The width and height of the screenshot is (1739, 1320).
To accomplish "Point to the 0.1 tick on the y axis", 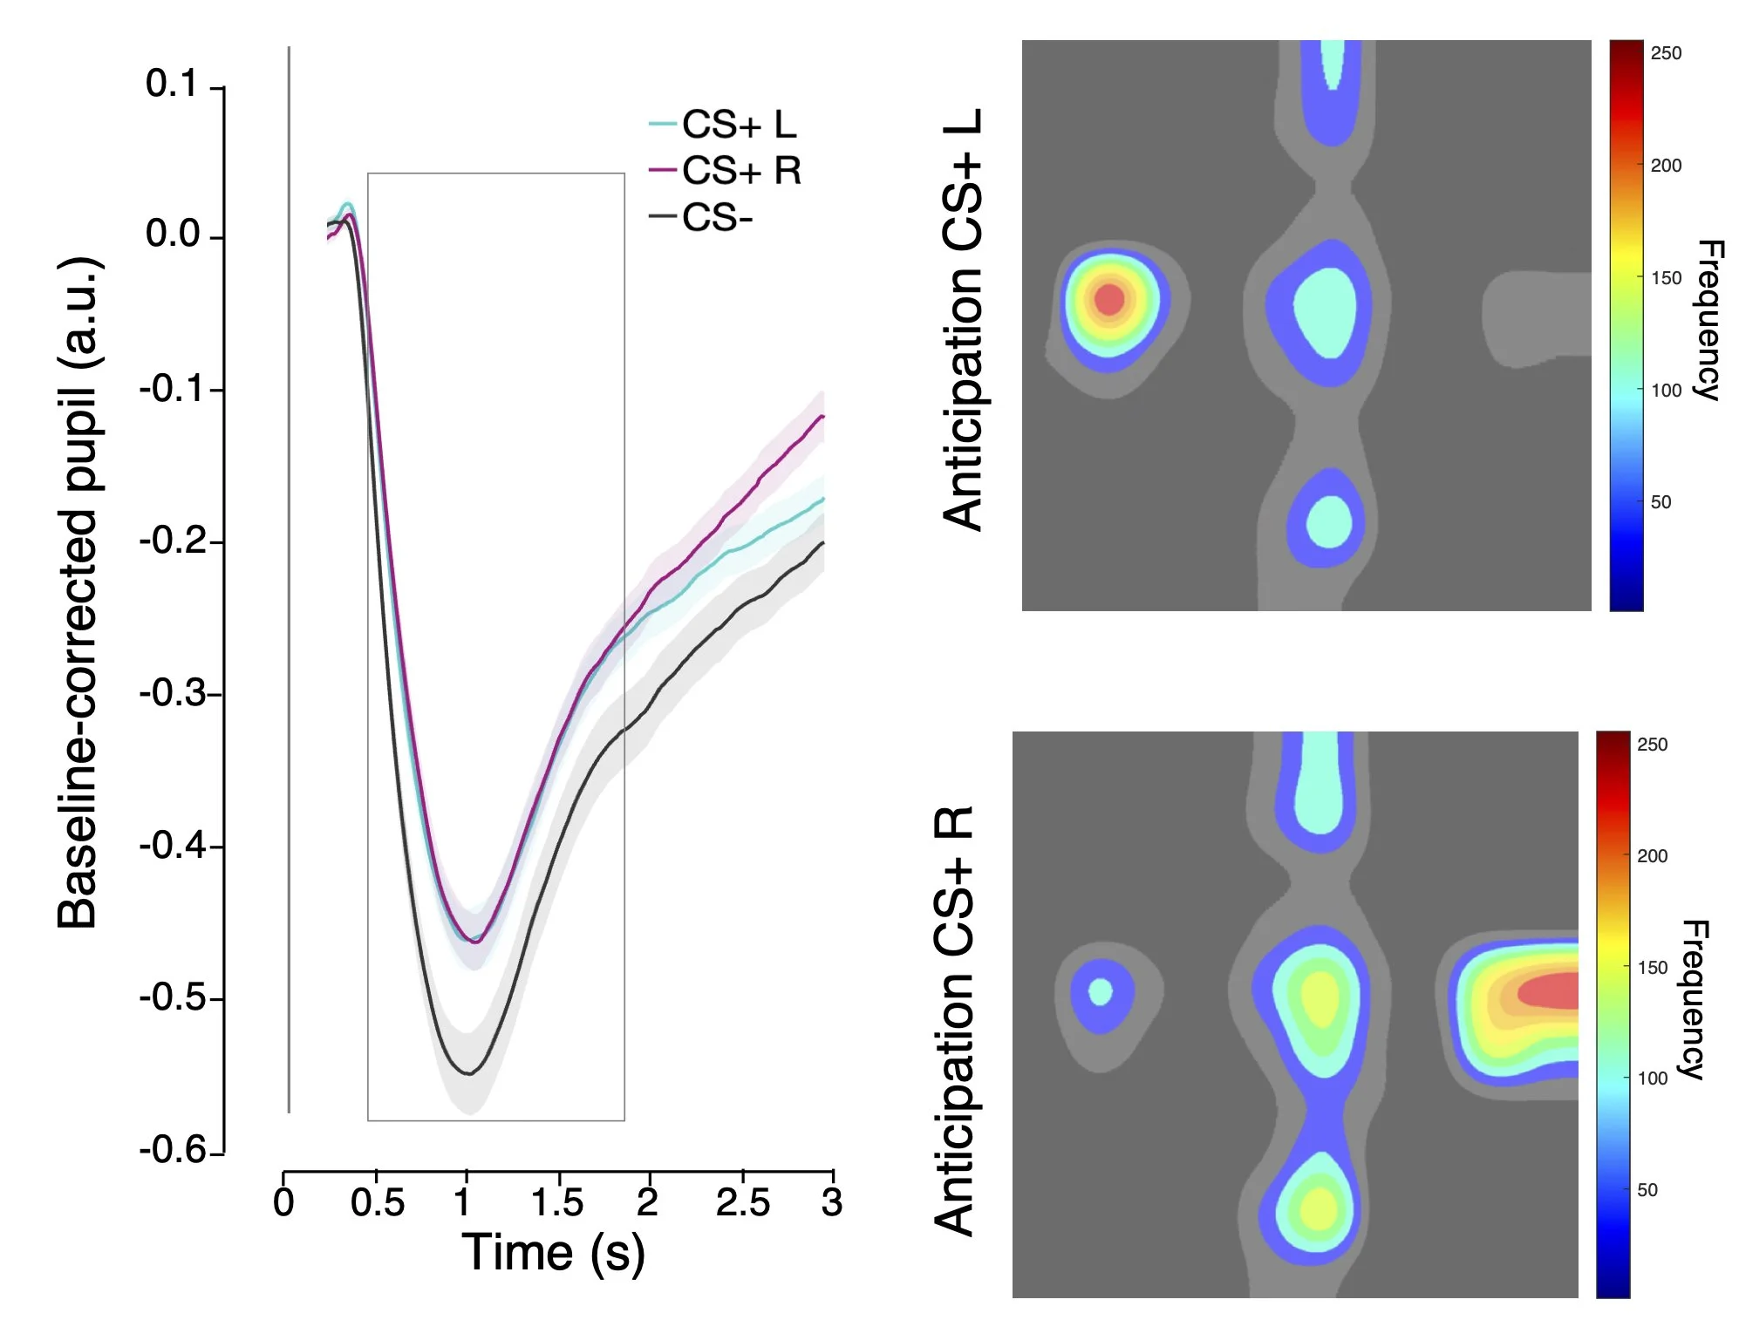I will click(x=173, y=85).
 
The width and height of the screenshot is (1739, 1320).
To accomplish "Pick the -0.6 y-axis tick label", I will click(x=173, y=1150).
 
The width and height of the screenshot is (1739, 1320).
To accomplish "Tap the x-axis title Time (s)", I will click(x=553, y=1254).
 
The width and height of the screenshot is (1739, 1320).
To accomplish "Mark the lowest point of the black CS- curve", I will click(x=468, y=1073).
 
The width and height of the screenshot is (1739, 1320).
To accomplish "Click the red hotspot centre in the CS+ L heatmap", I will click(x=1109, y=299).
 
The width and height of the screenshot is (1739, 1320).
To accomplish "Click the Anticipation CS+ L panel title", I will click(x=964, y=320).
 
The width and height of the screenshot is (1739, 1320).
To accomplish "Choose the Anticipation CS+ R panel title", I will click(x=955, y=1020).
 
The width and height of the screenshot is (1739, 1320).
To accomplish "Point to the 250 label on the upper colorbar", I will click(x=1666, y=53).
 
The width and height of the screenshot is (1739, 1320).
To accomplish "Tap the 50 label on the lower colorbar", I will click(x=1647, y=1190).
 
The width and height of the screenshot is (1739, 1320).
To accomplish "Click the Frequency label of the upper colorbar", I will click(x=1708, y=320).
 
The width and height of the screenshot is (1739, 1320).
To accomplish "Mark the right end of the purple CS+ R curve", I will click(x=822, y=417).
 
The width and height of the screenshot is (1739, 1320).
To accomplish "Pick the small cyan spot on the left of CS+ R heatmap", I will click(x=1101, y=991).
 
